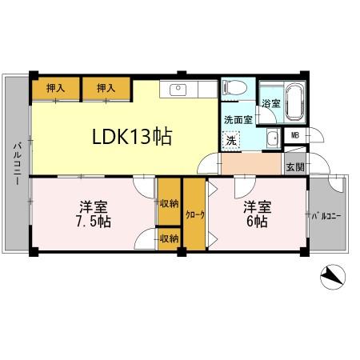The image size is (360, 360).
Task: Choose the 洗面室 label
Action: (238, 119)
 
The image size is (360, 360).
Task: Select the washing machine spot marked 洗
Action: (231, 140)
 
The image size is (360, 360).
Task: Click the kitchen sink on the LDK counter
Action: (177, 89)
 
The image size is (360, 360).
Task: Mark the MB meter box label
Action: (295, 137)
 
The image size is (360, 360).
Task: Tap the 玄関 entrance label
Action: (295, 166)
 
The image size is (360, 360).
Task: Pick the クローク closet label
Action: (195, 214)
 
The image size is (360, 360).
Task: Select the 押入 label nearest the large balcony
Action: (55, 89)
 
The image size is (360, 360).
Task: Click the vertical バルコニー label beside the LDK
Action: (16, 164)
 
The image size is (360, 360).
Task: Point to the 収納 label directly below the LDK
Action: (168, 202)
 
